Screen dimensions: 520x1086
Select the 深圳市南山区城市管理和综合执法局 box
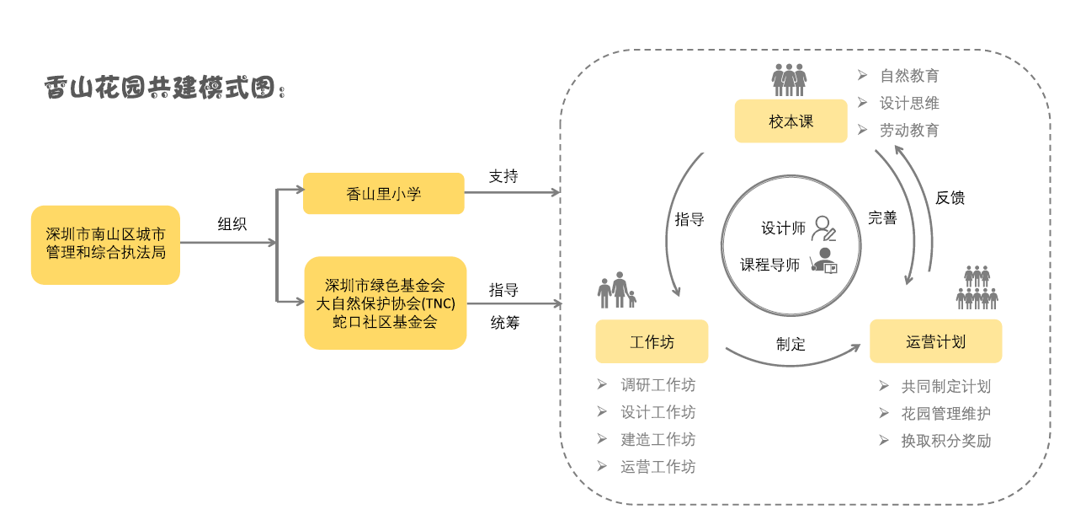click(105, 244)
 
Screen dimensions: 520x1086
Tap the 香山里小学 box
click(383, 194)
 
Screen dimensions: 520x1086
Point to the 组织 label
click(232, 224)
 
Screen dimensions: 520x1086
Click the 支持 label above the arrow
click(503, 176)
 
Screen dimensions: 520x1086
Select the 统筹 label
click(504, 322)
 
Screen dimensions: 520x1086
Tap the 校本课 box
click(791, 121)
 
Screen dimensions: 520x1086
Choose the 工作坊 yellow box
click(652, 342)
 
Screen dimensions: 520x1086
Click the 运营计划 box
click(935, 342)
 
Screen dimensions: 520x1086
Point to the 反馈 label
click(950, 198)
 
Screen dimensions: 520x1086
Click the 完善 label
click(882, 218)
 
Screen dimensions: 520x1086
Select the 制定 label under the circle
click(791, 344)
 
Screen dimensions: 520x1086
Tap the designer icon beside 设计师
click(822, 229)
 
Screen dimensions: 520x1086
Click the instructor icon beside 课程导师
click(823, 262)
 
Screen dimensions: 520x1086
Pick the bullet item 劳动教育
click(909, 131)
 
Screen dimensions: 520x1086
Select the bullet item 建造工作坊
click(657, 439)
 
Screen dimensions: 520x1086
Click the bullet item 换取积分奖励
click(945, 441)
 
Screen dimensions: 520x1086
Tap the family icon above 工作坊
click(617, 290)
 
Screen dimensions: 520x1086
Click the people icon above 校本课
click(789, 80)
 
